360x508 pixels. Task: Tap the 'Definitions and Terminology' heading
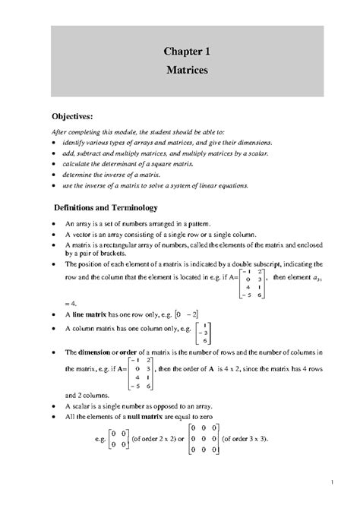(105, 207)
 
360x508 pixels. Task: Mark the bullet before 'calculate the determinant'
(52, 163)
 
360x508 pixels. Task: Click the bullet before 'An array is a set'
(52, 226)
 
